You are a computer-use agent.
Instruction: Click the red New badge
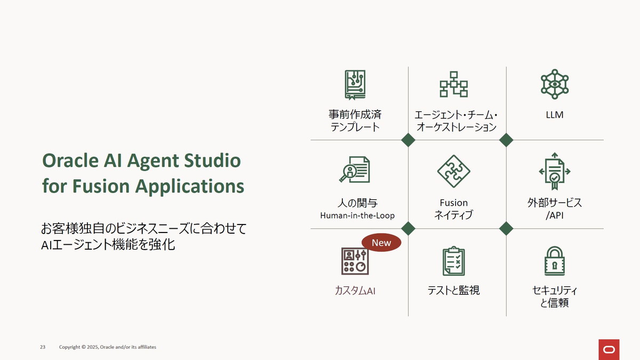381,243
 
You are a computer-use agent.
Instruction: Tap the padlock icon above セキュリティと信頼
555,261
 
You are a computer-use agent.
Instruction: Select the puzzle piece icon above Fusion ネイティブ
453,171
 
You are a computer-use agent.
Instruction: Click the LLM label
555,115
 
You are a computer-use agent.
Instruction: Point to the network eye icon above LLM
555,84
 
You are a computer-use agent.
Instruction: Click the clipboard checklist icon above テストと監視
453,261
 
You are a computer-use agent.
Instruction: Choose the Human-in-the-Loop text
356,216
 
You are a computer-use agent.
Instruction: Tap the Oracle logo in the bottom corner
609,349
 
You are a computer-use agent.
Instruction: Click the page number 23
43,347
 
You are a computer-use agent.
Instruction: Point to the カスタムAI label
355,291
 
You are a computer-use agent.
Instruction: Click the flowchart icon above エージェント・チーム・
453,84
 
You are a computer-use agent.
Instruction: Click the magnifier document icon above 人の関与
355,170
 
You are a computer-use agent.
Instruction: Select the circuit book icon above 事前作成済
355,85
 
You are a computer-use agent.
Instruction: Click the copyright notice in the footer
108,347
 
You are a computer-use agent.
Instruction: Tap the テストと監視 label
453,291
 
